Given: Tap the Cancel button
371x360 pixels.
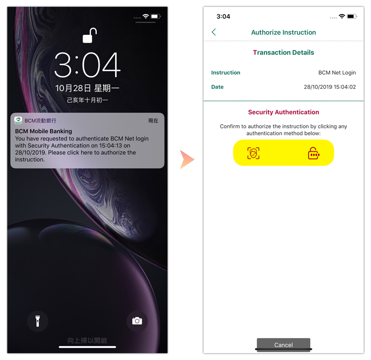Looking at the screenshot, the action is (284, 344).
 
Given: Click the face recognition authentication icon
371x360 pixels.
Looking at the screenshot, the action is (253, 153).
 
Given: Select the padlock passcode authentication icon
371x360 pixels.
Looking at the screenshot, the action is (314, 153).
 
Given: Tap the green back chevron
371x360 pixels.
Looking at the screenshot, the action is (214, 32).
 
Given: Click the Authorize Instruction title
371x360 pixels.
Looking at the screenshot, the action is (284, 33).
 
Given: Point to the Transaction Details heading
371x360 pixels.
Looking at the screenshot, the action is (284, 52).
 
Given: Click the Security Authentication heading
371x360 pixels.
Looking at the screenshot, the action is (284, 112).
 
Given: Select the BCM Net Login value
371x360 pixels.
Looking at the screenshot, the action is (337, 73).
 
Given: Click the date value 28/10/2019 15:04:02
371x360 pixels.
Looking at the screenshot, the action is (330, 87).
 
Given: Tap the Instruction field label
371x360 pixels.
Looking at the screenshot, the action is (225, 73).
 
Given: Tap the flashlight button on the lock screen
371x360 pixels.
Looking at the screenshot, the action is (37, 321).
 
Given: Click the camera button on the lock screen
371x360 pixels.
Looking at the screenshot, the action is (137, 321).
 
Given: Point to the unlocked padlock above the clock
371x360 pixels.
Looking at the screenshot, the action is (89, 35).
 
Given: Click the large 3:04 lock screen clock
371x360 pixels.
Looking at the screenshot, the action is (87, 65).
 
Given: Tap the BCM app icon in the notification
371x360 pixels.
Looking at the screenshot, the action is (18, 120).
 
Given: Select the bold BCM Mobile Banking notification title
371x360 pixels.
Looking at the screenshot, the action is (44, 131).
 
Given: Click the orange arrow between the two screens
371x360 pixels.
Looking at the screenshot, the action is (187, 160).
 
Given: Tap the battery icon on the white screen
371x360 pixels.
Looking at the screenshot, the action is (352, 16).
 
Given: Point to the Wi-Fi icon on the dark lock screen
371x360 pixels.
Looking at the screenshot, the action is (146, 16).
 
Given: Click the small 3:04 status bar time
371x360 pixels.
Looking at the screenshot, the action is (223, 16).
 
